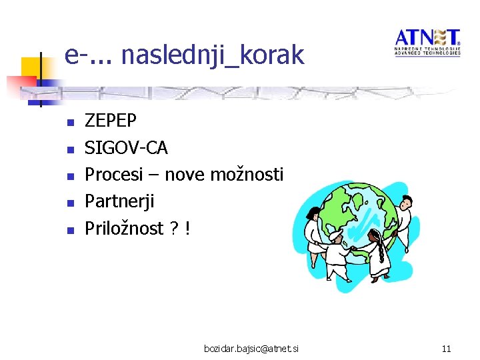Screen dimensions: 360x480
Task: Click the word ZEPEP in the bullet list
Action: [111, 121]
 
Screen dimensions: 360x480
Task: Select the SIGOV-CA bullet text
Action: [126, 147]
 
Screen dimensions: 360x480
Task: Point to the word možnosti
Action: [247, 175]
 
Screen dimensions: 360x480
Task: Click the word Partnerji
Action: [119, 201]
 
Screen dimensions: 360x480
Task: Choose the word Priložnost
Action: [124, 229]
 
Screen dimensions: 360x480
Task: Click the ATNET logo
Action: [427, 41]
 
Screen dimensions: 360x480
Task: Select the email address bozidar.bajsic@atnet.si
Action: [252, 349]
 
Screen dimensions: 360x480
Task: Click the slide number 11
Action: [447, 349]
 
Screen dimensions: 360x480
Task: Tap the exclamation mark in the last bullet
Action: [188, 229]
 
